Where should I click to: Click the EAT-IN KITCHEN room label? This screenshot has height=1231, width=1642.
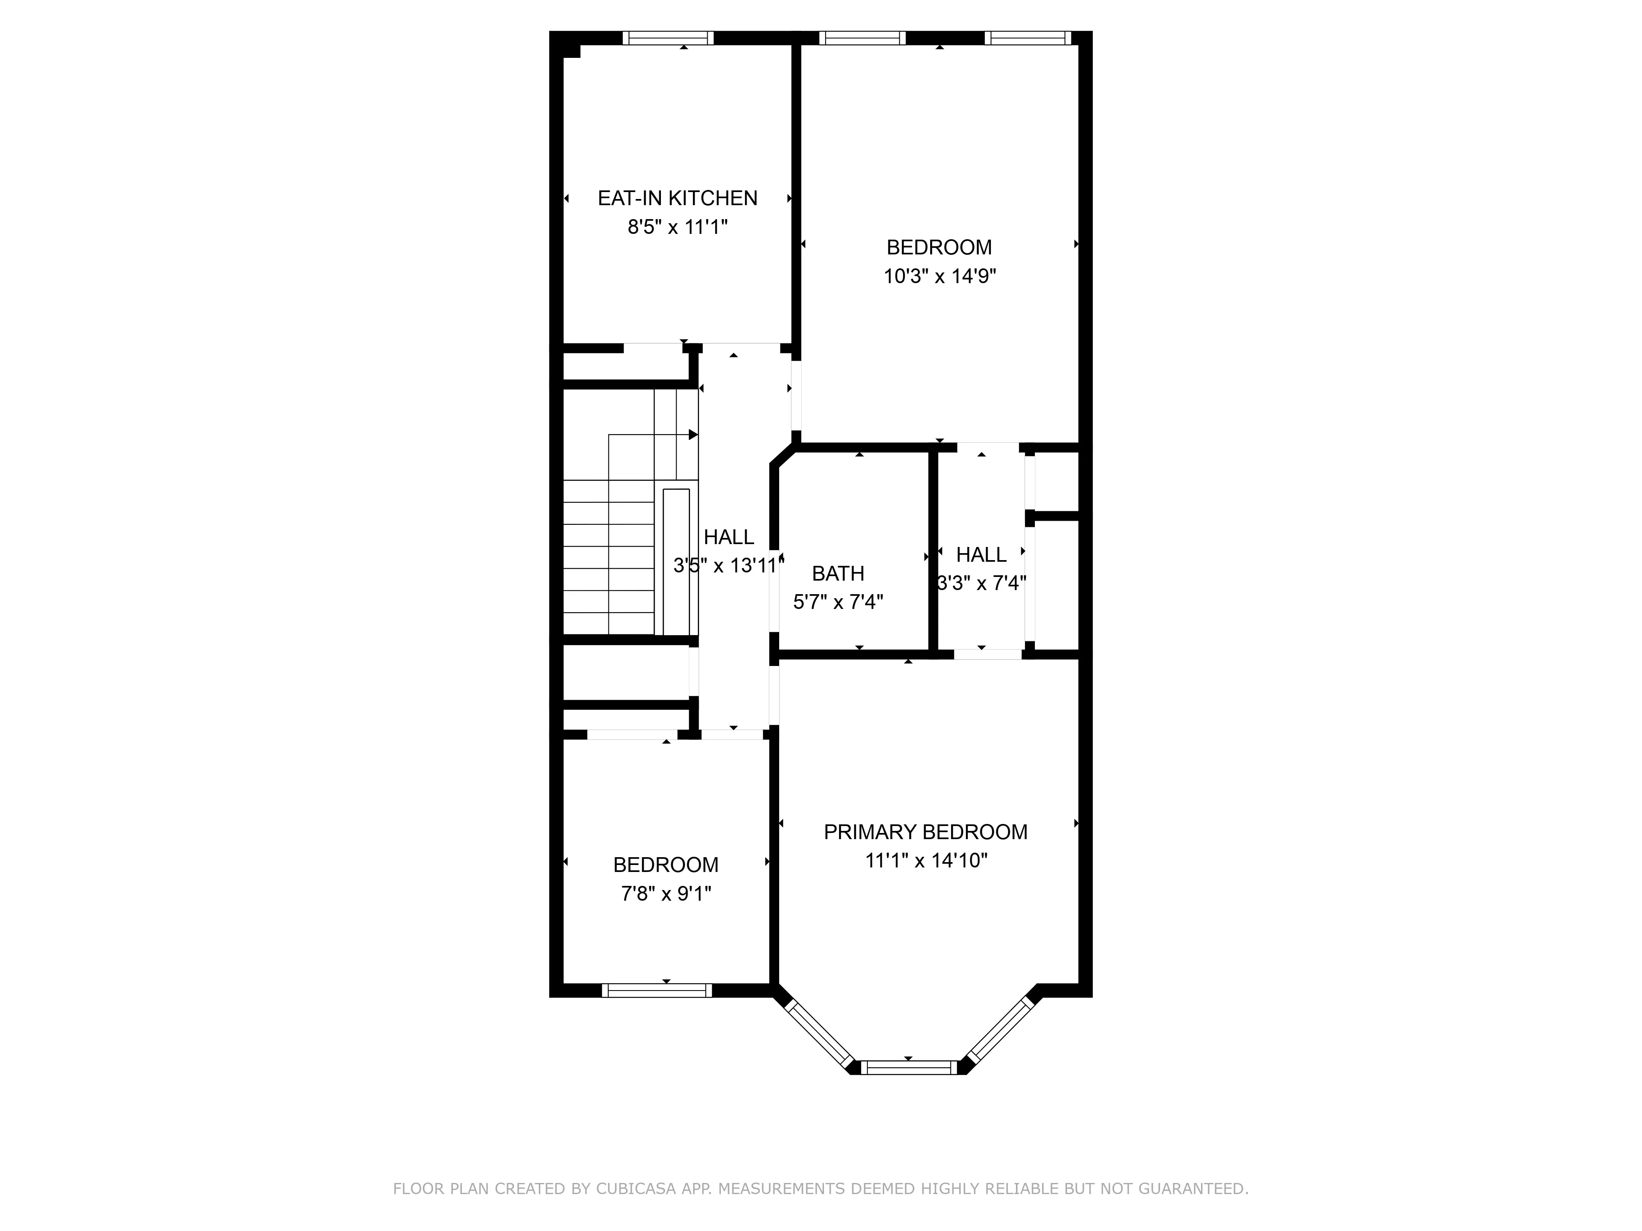pyautogui.click(x=677, y=198)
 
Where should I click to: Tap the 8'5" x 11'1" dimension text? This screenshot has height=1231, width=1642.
pyautogui.click(x=677, y=227)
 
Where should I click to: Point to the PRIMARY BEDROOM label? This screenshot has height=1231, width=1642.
pyautogui.click(x=925, y=832)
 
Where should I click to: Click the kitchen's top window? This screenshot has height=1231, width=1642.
pyautogui.click(x=667, y=38)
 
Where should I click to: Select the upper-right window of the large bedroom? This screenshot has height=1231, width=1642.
pyautogui.click(x=1027, y=38)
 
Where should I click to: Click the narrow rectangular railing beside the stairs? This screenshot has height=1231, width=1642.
pyautogui.click(x=676, y=562)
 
